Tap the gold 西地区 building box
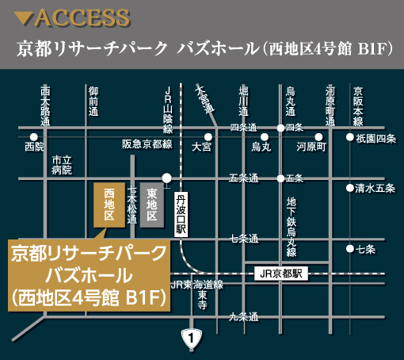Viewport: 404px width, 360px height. pos(109,205)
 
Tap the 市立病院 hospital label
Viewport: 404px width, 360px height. pos(62,165)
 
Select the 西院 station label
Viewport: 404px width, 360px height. pos(35,147)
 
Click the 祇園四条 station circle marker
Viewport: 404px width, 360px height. pos(349,137)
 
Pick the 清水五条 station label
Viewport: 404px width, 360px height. pos(375,188)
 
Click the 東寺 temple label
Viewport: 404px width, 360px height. pos(203,304)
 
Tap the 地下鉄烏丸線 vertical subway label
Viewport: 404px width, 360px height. pos(291,225)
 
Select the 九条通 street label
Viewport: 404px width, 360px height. pos(243,317)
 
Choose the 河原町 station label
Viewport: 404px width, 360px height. pos(311,147)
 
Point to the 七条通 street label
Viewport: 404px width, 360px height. pos(243,238)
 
